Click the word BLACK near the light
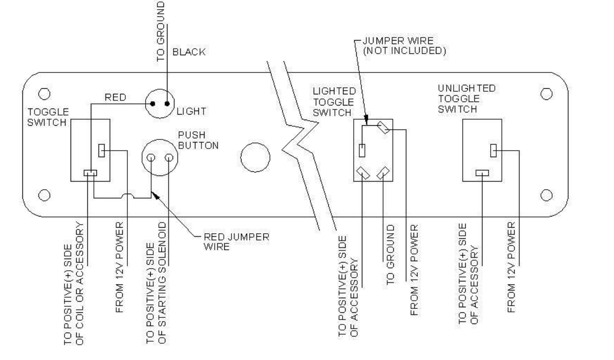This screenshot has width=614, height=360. (x=189, y=52)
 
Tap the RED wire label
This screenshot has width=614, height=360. (x=115, y=96)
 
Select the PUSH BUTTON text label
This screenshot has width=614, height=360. (x=197, y=141)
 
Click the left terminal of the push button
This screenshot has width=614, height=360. (x=151, y=158)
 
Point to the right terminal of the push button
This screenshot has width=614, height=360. (x=168, y=158)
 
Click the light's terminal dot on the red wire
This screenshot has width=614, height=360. (x=151, y=103)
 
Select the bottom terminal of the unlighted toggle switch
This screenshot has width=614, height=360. (x=482, y=173)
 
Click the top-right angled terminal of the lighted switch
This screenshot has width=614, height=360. (x=384, y=129)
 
